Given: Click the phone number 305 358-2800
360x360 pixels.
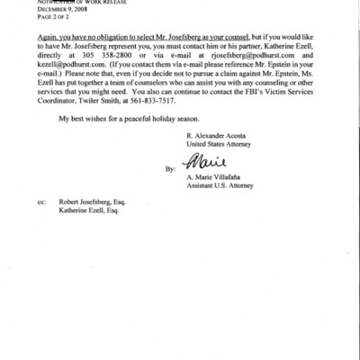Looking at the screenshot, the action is tap(118, 54).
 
